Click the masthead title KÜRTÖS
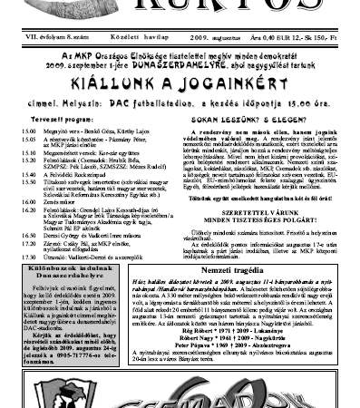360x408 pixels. coord(180,6)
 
